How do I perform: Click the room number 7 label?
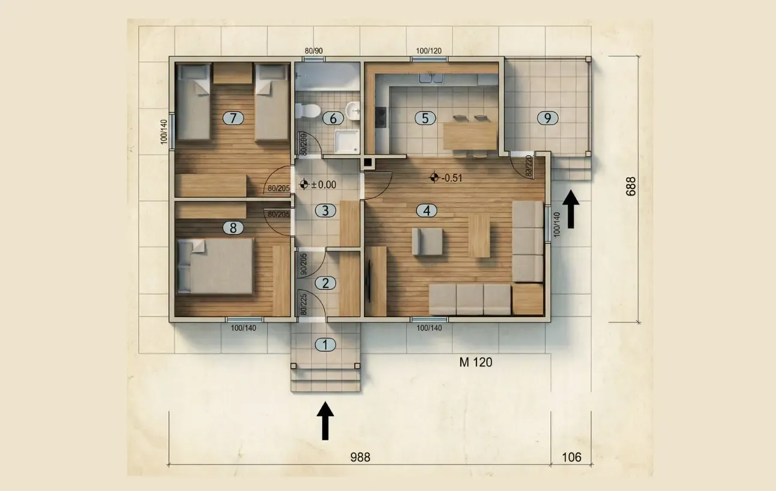tap(233, 118)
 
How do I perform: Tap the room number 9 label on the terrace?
tap(547, 118)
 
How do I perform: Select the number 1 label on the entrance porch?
tap(325, 345)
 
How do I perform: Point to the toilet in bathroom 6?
tap(307, 111)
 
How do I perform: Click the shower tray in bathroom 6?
tap(346, 141)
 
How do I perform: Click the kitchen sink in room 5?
tap(431, 78)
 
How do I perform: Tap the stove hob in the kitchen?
tap(381, 117)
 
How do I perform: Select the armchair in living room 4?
tap(427, 241)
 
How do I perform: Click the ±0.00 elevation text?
tap(324, 185)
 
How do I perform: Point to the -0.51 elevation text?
tap(452, 178)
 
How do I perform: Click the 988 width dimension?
tap(360, 457)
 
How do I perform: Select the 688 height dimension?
tap(631, 187)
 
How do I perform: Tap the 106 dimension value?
tap(571, 457)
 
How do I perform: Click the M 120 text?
tap(476, 362)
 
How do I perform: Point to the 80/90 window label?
tap(314, 51)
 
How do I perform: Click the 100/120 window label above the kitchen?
tap(429, 51)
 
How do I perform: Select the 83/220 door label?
tap(529, 166)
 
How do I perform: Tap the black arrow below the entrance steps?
tap(325, 421)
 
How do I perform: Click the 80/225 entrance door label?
tap(303, 304)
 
